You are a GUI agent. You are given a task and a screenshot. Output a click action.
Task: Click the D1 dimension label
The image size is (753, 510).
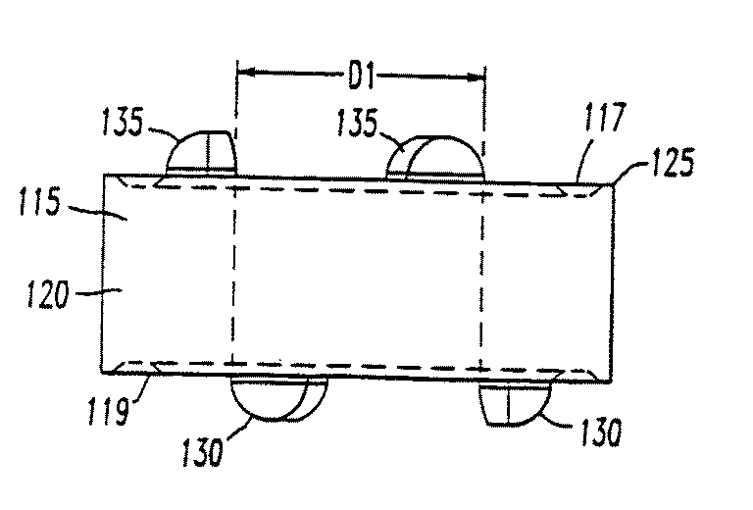pos(363,74)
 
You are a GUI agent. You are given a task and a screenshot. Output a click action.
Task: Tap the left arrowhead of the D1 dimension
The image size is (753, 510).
pos(246,72)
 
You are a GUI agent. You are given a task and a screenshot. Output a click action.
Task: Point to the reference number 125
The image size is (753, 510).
pos(670,162)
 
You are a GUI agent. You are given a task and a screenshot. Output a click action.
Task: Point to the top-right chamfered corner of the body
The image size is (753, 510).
pos(606,183)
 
